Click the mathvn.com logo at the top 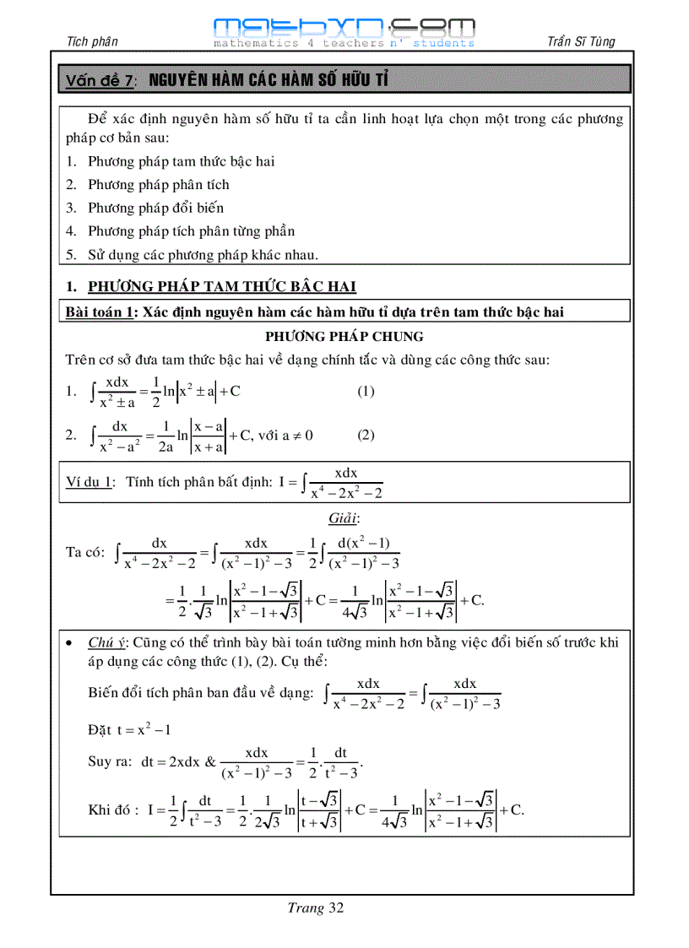(344, 31)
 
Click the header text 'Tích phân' (91, 41)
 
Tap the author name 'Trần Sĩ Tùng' (581, 41)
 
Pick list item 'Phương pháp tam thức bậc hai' (181, 161)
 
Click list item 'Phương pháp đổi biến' (155, 208)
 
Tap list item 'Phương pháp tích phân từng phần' (191, 230)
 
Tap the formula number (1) (366, 391)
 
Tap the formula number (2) (366, 436)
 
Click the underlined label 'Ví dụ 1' (90, 481)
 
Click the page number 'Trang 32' (315, 908)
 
